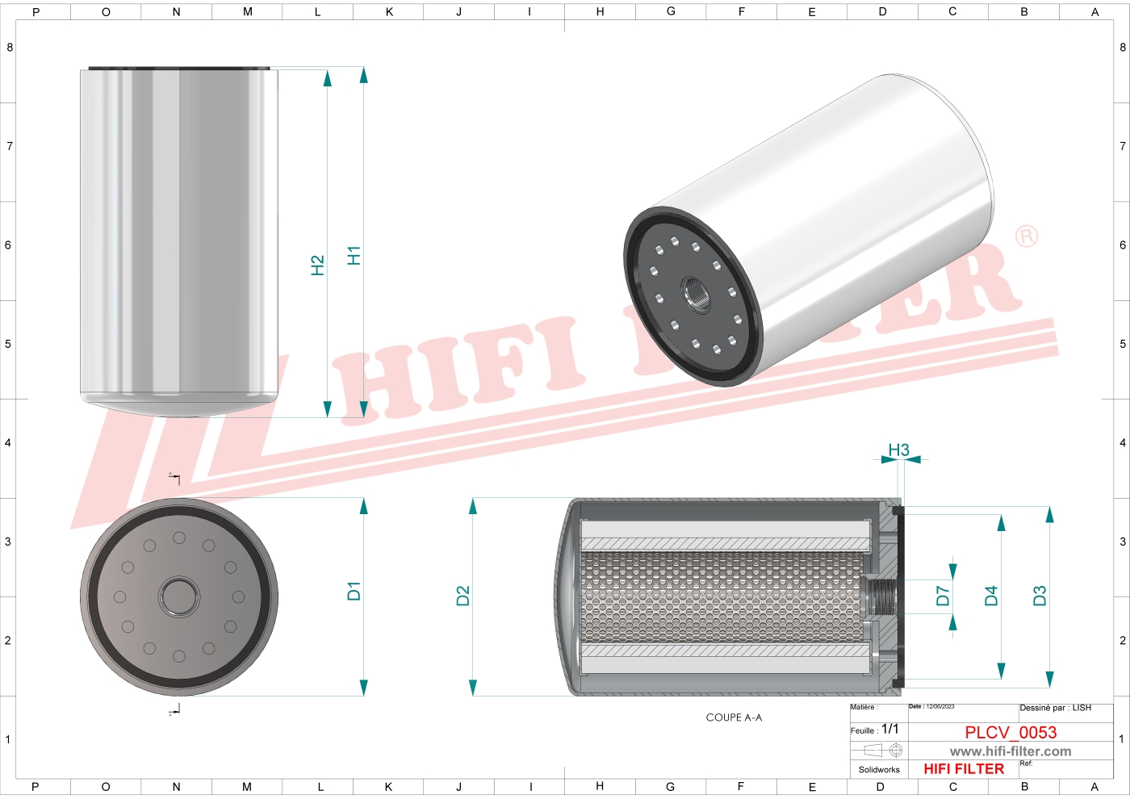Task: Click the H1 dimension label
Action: pos(354,256)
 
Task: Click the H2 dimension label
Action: pos(318,266)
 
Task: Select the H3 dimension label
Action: pos(898,450)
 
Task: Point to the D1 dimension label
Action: pos(354,591)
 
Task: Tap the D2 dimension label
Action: pos(462,596)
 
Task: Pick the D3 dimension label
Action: pos(1040,596)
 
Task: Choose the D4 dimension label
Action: pos(991,596)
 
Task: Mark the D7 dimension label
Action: pos(943,596)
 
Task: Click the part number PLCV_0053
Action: pos(1011,732)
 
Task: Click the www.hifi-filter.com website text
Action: pos(1011,751)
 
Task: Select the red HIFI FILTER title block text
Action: pos(964,769)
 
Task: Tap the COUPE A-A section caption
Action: pos(734,717)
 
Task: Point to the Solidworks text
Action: pos(879,770)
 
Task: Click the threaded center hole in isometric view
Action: pos(696,294)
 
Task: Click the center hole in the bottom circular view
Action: pos(178,597)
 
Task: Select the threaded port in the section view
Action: pos(880,597)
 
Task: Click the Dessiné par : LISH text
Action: pos(1055,708)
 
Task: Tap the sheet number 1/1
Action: pos(889,729)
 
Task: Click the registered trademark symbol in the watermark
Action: pos(1026,236)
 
